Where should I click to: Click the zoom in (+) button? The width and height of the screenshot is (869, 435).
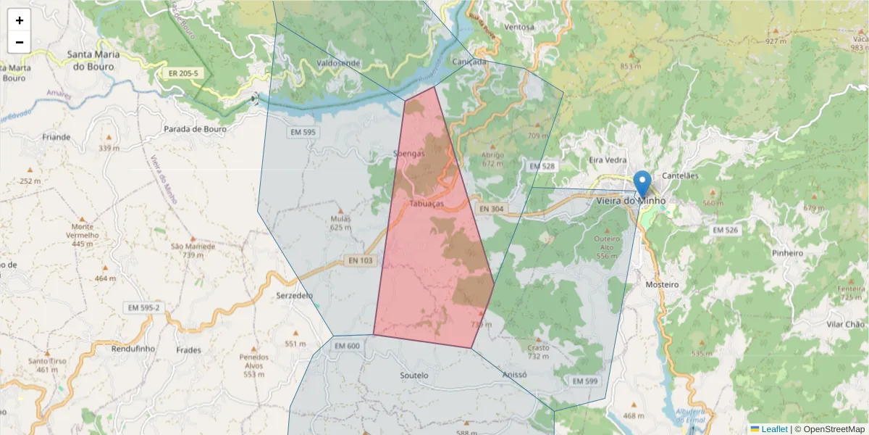coord(20,20)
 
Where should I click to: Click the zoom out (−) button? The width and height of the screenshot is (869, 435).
coord(20,42)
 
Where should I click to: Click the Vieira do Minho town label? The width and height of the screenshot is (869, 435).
coord(630,201)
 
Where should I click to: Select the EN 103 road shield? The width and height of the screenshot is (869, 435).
coord(360,260)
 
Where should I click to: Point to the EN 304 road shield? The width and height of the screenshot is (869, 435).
coord(492,209)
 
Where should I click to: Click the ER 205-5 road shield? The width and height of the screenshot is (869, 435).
coord(183,73)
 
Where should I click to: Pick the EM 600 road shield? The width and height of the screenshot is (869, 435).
coord(347,346)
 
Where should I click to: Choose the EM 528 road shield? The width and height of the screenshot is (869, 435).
coord(542,166)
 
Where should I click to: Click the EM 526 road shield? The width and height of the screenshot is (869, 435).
coord(725,230)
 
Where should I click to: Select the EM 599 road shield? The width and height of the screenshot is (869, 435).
coord(585,381)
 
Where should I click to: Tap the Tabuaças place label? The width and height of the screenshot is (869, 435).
coord(427,204)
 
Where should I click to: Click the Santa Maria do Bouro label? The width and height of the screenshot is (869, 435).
coord(93,60)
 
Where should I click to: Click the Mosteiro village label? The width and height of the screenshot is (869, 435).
coord(662,285)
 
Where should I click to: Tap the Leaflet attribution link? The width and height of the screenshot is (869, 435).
coord(773,429)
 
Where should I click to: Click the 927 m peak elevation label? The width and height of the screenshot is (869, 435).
coord(776,41)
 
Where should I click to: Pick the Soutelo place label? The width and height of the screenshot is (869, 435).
coord(414,376)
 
